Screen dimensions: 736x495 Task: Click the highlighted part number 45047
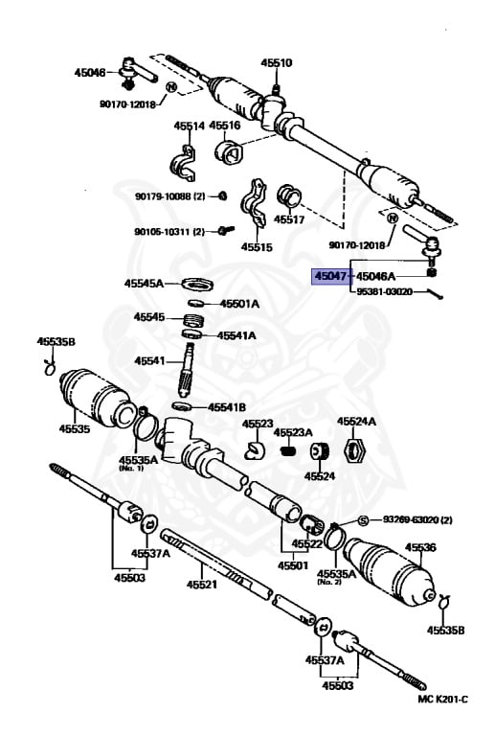tap(330, 276)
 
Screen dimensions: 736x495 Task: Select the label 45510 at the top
tap(277, 63)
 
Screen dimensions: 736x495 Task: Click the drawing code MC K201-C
tap(441, 724)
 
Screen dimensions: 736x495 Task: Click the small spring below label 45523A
tap(286, 450)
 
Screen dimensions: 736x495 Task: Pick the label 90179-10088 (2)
tap(169, 196)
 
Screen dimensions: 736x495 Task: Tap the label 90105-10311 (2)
tap(169, 231)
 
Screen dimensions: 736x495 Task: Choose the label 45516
tap(225, 126)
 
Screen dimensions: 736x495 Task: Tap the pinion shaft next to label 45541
tap(190, 369)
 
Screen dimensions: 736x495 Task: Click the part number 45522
tap(308, 543)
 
